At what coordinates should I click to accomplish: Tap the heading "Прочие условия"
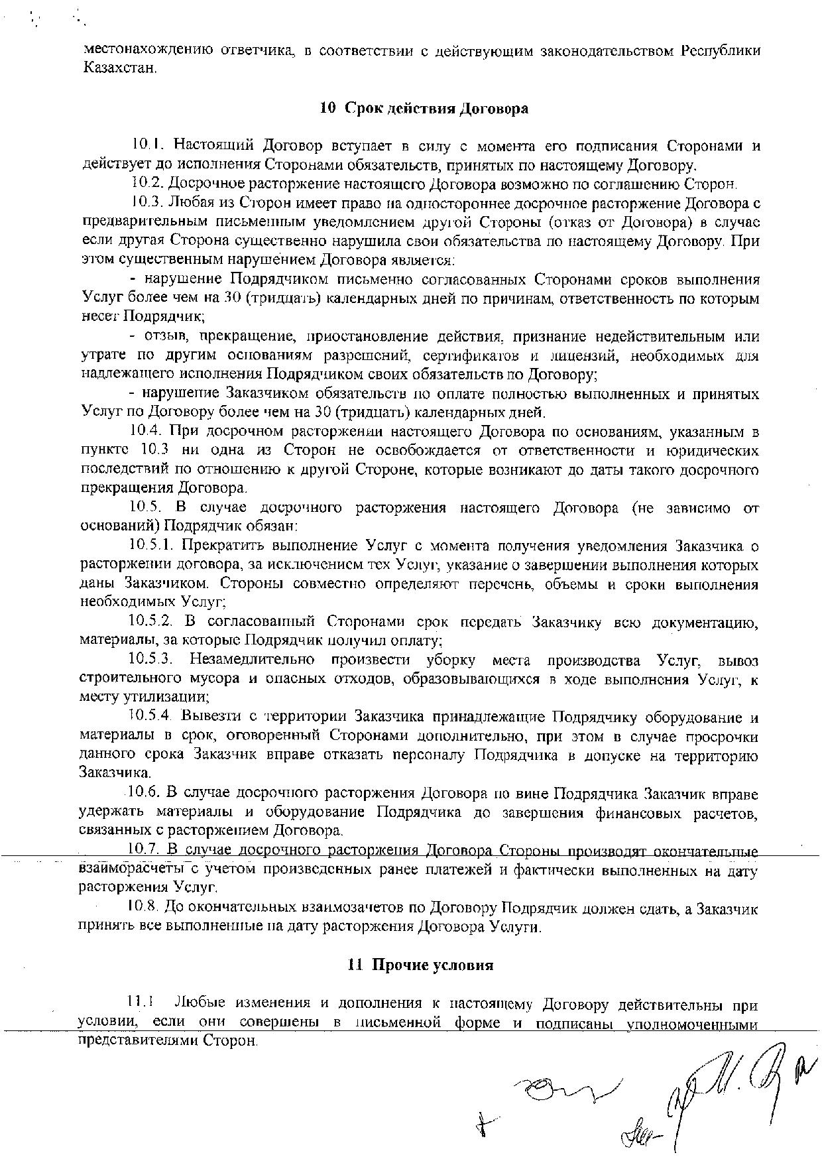432,965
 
